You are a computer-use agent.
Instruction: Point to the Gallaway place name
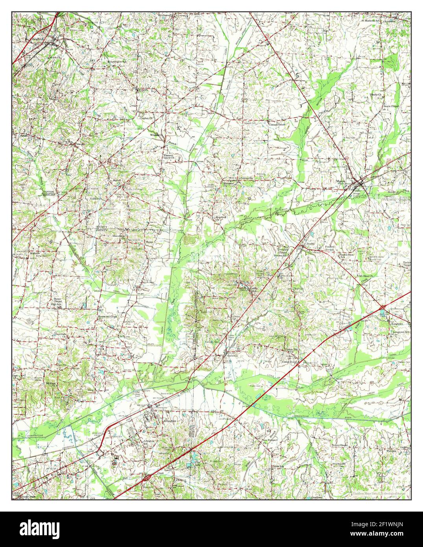pyautogui.click(x=235, y=355)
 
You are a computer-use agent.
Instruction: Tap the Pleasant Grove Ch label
pyautogui.click(x=170, y=157)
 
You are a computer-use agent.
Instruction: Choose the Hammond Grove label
pyautogui.click(x=107, y=316)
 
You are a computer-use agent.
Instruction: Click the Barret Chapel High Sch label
pyautogui.click(x=57, y=301)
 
